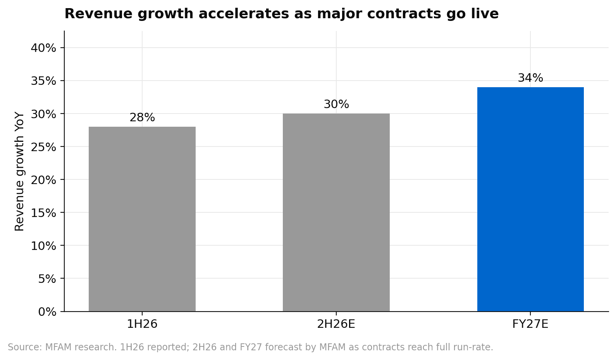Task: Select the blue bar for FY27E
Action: pyautogui.click(x=530, y=199)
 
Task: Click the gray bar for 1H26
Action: pyautogui.click(x=142, y=219)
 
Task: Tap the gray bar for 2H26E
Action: pyautogui.click(x=336, y=212)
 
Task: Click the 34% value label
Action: pyautogui.click(x=530, y=78)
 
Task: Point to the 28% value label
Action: pyautogui.click(x=142, y=117)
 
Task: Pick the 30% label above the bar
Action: pyautogui.click(x=336, y=104)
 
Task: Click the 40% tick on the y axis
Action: pyautogui.click(x=43, y=48)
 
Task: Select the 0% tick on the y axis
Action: pyautogui.click(x=47, y=312)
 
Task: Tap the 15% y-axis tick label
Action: pyautogui.click(x=43, y=213)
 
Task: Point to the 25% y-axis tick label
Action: pyautogui.click(x=43, y=147)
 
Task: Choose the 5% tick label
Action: pyautogui.click(x=47, y=279)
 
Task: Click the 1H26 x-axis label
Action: pyautogui.click(x=142, y=324)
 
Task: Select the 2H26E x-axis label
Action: pyautogui.click(x=336, y=324)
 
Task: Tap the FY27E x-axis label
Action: pyautogui.click(x=530, y=324)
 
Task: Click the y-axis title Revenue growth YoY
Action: pyautogui.click(x=19, y=171)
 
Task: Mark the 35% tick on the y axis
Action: pyautogui.click(x=43, y=81)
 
